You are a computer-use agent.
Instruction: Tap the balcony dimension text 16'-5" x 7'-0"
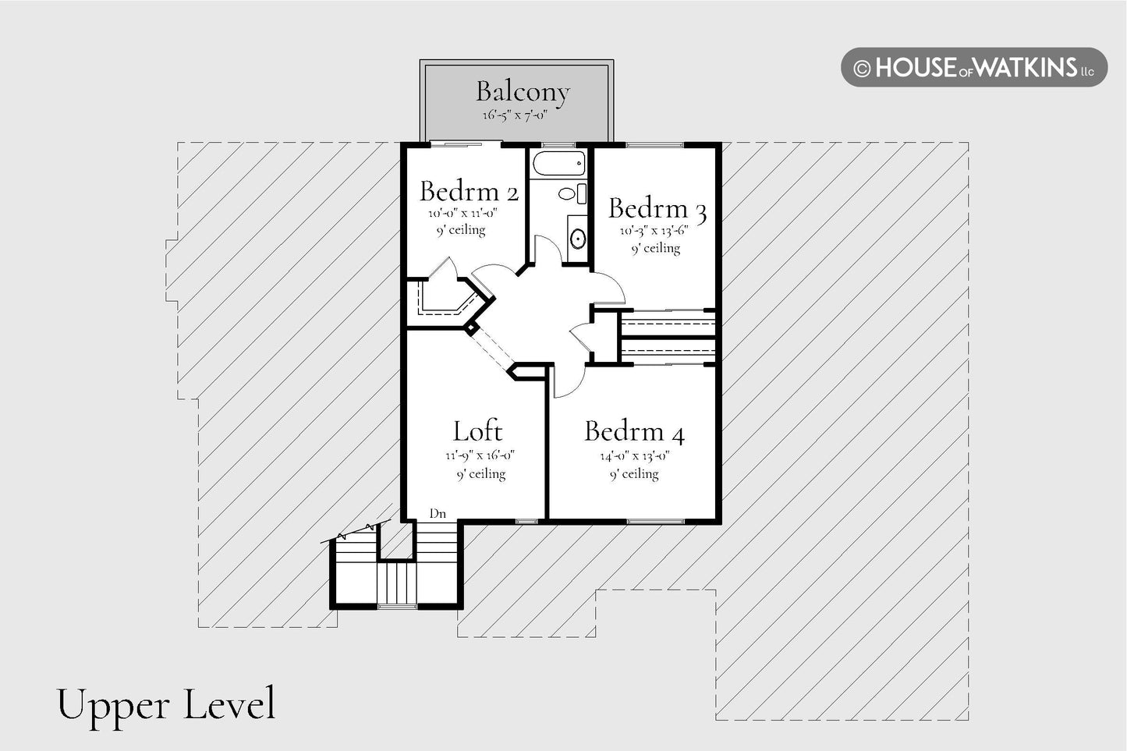point(515,115)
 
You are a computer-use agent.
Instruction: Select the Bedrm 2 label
point(469,192)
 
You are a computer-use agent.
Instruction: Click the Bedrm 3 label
point(657,209)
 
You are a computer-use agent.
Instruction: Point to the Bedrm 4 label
point(634,431)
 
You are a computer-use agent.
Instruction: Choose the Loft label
point(477,431)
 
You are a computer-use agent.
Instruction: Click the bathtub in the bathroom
point(559,163)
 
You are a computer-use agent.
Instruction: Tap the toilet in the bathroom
point(572,193)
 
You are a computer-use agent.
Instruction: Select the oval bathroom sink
point(578,238)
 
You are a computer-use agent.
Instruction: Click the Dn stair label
point(438,514)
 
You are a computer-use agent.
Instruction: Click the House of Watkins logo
point(974,67)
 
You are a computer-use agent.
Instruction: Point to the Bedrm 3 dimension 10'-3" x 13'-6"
point(654,231)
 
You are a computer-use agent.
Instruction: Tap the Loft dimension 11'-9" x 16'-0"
point(480,455)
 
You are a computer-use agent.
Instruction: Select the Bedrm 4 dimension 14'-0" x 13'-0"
point(635,456)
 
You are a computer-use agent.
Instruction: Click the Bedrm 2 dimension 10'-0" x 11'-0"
point(462,213)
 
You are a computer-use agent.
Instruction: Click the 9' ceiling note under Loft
point(481,474)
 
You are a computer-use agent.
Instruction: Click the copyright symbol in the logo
point(862,69)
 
